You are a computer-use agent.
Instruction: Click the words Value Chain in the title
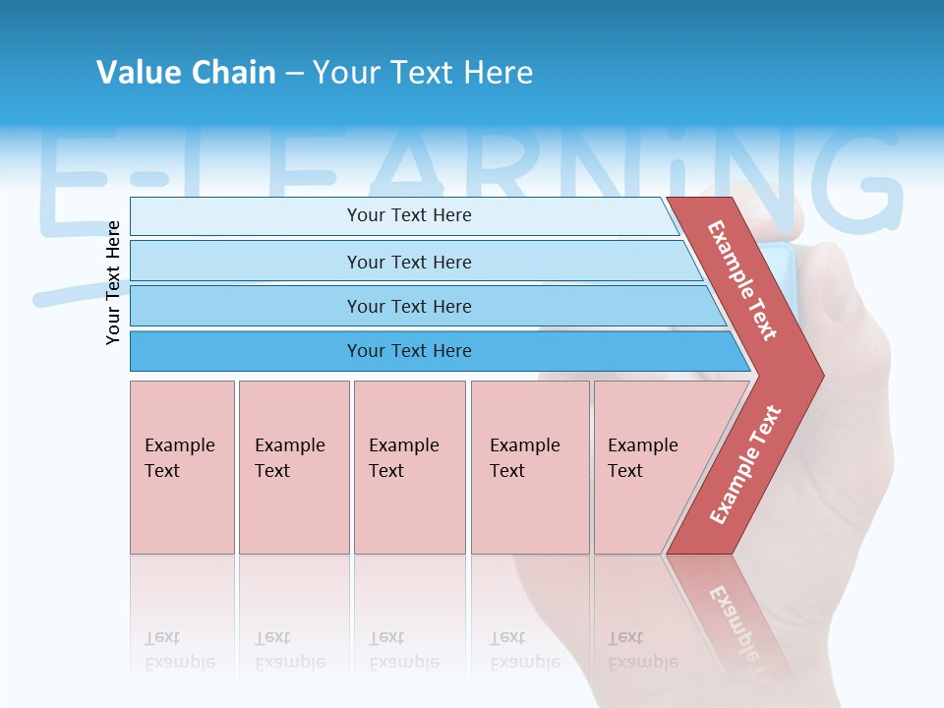click(186, 73)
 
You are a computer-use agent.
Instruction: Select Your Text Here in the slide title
click(423, 73)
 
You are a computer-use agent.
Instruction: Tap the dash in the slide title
click(294, 74)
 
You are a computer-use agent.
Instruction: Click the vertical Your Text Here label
click(113, 282)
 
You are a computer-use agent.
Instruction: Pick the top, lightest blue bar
click(408, 215)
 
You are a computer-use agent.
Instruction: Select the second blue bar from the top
click(408, 262)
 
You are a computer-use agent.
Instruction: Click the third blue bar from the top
click(408, 306)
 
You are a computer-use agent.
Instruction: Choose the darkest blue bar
click(408, 351)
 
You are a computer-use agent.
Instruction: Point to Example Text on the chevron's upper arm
click(742, 280)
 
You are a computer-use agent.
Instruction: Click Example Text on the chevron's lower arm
click(745, 464)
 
